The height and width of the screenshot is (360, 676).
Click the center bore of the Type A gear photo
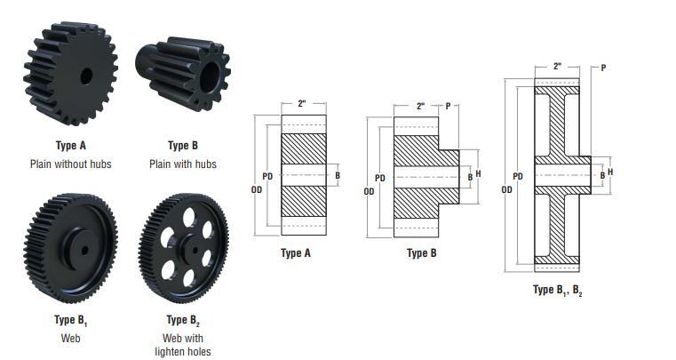[x=86, y=76]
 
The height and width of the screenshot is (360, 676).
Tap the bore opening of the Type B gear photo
[x=210, y=77]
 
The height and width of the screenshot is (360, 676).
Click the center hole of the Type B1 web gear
[x=84, y=250]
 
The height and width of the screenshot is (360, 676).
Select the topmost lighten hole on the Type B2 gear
[x=188, y=217]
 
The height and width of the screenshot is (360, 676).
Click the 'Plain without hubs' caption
[x=71, y=164]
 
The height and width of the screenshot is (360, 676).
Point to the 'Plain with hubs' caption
[x=183, y=164]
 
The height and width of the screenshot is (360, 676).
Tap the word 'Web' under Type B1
[x=71, y=338]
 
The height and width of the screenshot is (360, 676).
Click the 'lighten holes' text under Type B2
[x=183, y=351]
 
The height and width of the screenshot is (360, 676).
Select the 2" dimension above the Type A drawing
[x=302, y=104]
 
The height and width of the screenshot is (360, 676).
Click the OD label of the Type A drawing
[x=257, y=189]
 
